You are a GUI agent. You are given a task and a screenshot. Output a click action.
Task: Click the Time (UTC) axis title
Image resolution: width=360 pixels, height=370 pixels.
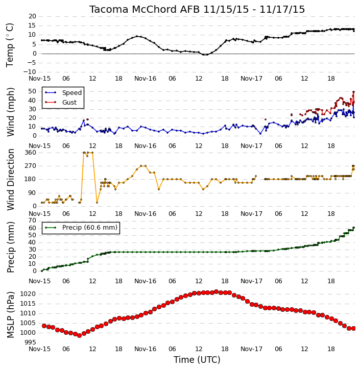(x=197, y=360)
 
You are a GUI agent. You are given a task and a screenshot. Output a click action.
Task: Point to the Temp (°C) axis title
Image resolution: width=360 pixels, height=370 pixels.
(x=10, y=45)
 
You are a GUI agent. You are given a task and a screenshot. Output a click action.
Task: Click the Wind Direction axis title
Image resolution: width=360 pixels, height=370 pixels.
(x=10, y=180)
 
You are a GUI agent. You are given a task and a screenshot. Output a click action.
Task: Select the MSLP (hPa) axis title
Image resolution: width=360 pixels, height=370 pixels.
(x=10, y=315)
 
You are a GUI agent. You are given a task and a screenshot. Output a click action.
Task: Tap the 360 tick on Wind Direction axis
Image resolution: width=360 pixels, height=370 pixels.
(x=30, y=153)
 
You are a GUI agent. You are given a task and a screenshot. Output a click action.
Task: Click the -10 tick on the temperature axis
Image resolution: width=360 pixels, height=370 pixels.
(x=30, y=72)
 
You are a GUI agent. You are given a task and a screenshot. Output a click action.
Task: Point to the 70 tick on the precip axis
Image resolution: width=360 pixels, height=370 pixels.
(x=32, y=220)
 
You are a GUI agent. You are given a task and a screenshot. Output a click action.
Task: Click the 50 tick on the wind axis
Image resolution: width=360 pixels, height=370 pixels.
(x=32, y=91)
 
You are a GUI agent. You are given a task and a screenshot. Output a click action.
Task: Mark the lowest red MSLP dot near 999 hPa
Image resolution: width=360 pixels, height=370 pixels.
(x=79, y=335)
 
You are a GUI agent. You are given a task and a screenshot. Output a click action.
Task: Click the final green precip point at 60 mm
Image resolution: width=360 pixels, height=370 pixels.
(x=354, y=228)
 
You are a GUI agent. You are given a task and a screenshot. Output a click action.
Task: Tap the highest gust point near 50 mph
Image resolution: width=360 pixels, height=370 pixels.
(x=354, y=92)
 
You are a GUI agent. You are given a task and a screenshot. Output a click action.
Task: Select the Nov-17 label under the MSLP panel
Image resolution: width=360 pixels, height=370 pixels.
(x=251, y=349)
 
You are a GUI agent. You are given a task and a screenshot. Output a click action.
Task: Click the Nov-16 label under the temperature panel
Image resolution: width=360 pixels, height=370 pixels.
(x=145, y=79)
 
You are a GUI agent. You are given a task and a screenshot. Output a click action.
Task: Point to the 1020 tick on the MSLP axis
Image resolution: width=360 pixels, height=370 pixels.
(x=28, y=294)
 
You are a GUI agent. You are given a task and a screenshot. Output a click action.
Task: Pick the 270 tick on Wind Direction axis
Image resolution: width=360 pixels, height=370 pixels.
(x=30, y=166)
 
